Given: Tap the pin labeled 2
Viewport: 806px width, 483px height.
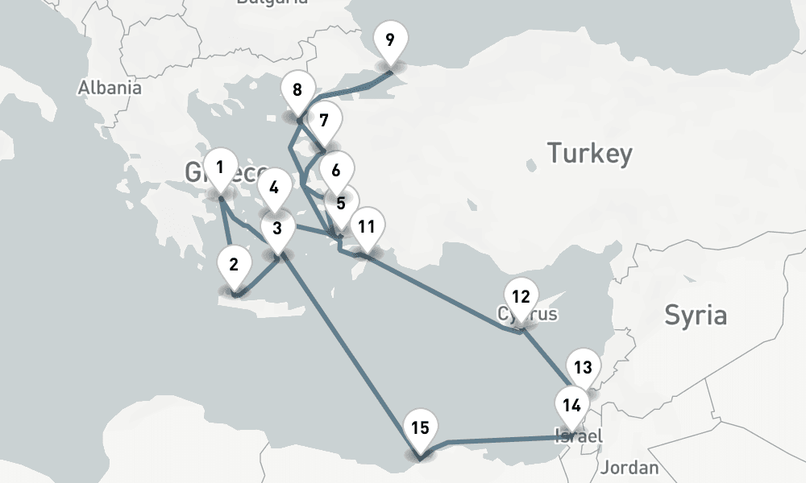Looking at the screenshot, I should pyautogui.click(x=234, y=265).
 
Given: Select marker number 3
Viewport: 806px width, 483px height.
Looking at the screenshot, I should pyautogui.click(x=277, y=229).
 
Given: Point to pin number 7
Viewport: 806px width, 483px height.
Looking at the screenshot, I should pyautogui.click(x=324, y=122).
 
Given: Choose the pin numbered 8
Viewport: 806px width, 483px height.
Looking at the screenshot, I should pyautogui.click(x=297, y=89).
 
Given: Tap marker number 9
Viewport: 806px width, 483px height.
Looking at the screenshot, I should pyautogui.click(x=390, y=40).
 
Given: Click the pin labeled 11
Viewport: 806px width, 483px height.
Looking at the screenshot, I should pyautogui.click(x=367, y=226).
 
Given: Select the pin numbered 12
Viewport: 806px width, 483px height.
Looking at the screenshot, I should pyautogui.click(x=521, y=296).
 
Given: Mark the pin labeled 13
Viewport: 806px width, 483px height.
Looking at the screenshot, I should pyautogui.click(x=583, y=368).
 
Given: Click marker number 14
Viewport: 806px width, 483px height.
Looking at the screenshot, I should pyautogui.click(x=572, y=405).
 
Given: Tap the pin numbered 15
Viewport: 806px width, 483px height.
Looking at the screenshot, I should pyautogui.click(x=420, y=427).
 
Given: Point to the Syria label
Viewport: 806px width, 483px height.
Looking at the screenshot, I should pyautogui.click(x=695, y=316).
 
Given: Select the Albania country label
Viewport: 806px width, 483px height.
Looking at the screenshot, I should pyautogui.click(x=110, y=88).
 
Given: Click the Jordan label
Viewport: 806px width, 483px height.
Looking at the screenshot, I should pyautogui.click(x=629, y=468).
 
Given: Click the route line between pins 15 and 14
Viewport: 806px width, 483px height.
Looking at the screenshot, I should pyautogui.click(x=500, y=440).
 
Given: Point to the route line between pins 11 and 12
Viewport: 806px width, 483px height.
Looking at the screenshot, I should pyautogui.click(x=443, y=293).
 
